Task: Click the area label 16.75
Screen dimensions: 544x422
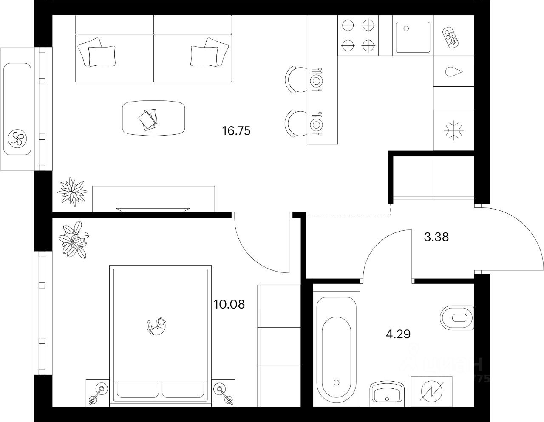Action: [x=236, y=131]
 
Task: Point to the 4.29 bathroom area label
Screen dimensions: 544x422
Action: [x=398, y=334]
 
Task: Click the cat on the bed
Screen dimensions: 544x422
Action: [x=156, y=326]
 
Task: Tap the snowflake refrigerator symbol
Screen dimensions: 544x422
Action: [x=453, y=130]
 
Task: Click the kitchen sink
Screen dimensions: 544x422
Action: [x=413, y=37]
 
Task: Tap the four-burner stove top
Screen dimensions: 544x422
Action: [x=358, y=35]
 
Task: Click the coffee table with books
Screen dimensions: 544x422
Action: [x=154, y=118]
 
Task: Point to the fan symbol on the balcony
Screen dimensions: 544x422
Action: [x=18, y=137]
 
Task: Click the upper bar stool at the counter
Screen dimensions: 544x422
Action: [x=294, y=79]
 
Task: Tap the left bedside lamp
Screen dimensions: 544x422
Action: [x=99, y=392]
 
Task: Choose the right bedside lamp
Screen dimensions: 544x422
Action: [x=222, y=392]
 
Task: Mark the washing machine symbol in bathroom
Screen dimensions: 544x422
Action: [x=430, y=389]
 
